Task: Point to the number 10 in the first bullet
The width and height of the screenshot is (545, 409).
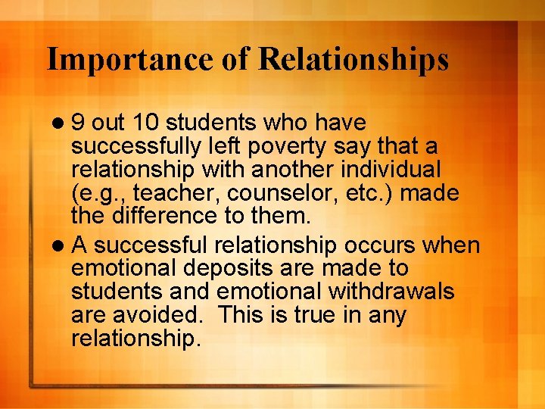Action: [x=145, y=123]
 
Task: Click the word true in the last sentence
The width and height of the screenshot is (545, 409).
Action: [x=325, y=315]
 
